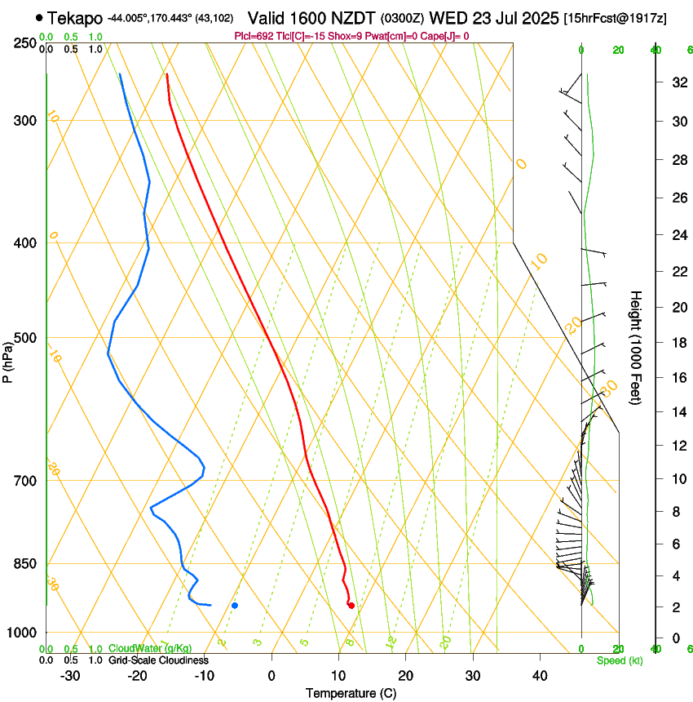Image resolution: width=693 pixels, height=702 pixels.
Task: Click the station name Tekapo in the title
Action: pyautogui.click(x=75, y=18)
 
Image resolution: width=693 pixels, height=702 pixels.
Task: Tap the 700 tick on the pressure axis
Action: pyautogui.click(x=26, y=480)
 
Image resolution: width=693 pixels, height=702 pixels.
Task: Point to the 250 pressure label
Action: pyautogui.click(x=26, y=42)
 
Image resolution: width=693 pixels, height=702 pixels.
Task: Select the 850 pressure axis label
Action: pyautogui.click(x=26, y=563)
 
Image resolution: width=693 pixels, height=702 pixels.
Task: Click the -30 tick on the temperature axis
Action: pyautogui.click(x=70, y=676)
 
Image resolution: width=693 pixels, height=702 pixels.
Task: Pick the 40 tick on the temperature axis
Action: pyautogui.click(x=540, y=676)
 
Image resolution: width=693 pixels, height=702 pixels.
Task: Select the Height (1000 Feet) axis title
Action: pyautogui.click(x=636, y=347)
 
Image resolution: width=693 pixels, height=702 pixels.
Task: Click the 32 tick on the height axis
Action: pyautogui.click(x=678, y=82)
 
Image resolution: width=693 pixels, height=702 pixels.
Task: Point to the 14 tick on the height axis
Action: pyautogui.click(x=678, y=412)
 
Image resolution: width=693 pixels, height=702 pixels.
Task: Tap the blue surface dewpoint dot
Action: pyautogui.click(x=235, y=605)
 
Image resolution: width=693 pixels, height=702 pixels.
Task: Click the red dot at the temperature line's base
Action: pyautogui.click(x=351, y=605)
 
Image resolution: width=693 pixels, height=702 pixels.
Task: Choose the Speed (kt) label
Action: pyautogui.click(x=619, y=660)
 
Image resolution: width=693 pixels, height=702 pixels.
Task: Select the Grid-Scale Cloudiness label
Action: pyautogui.click(x=158, y=660)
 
